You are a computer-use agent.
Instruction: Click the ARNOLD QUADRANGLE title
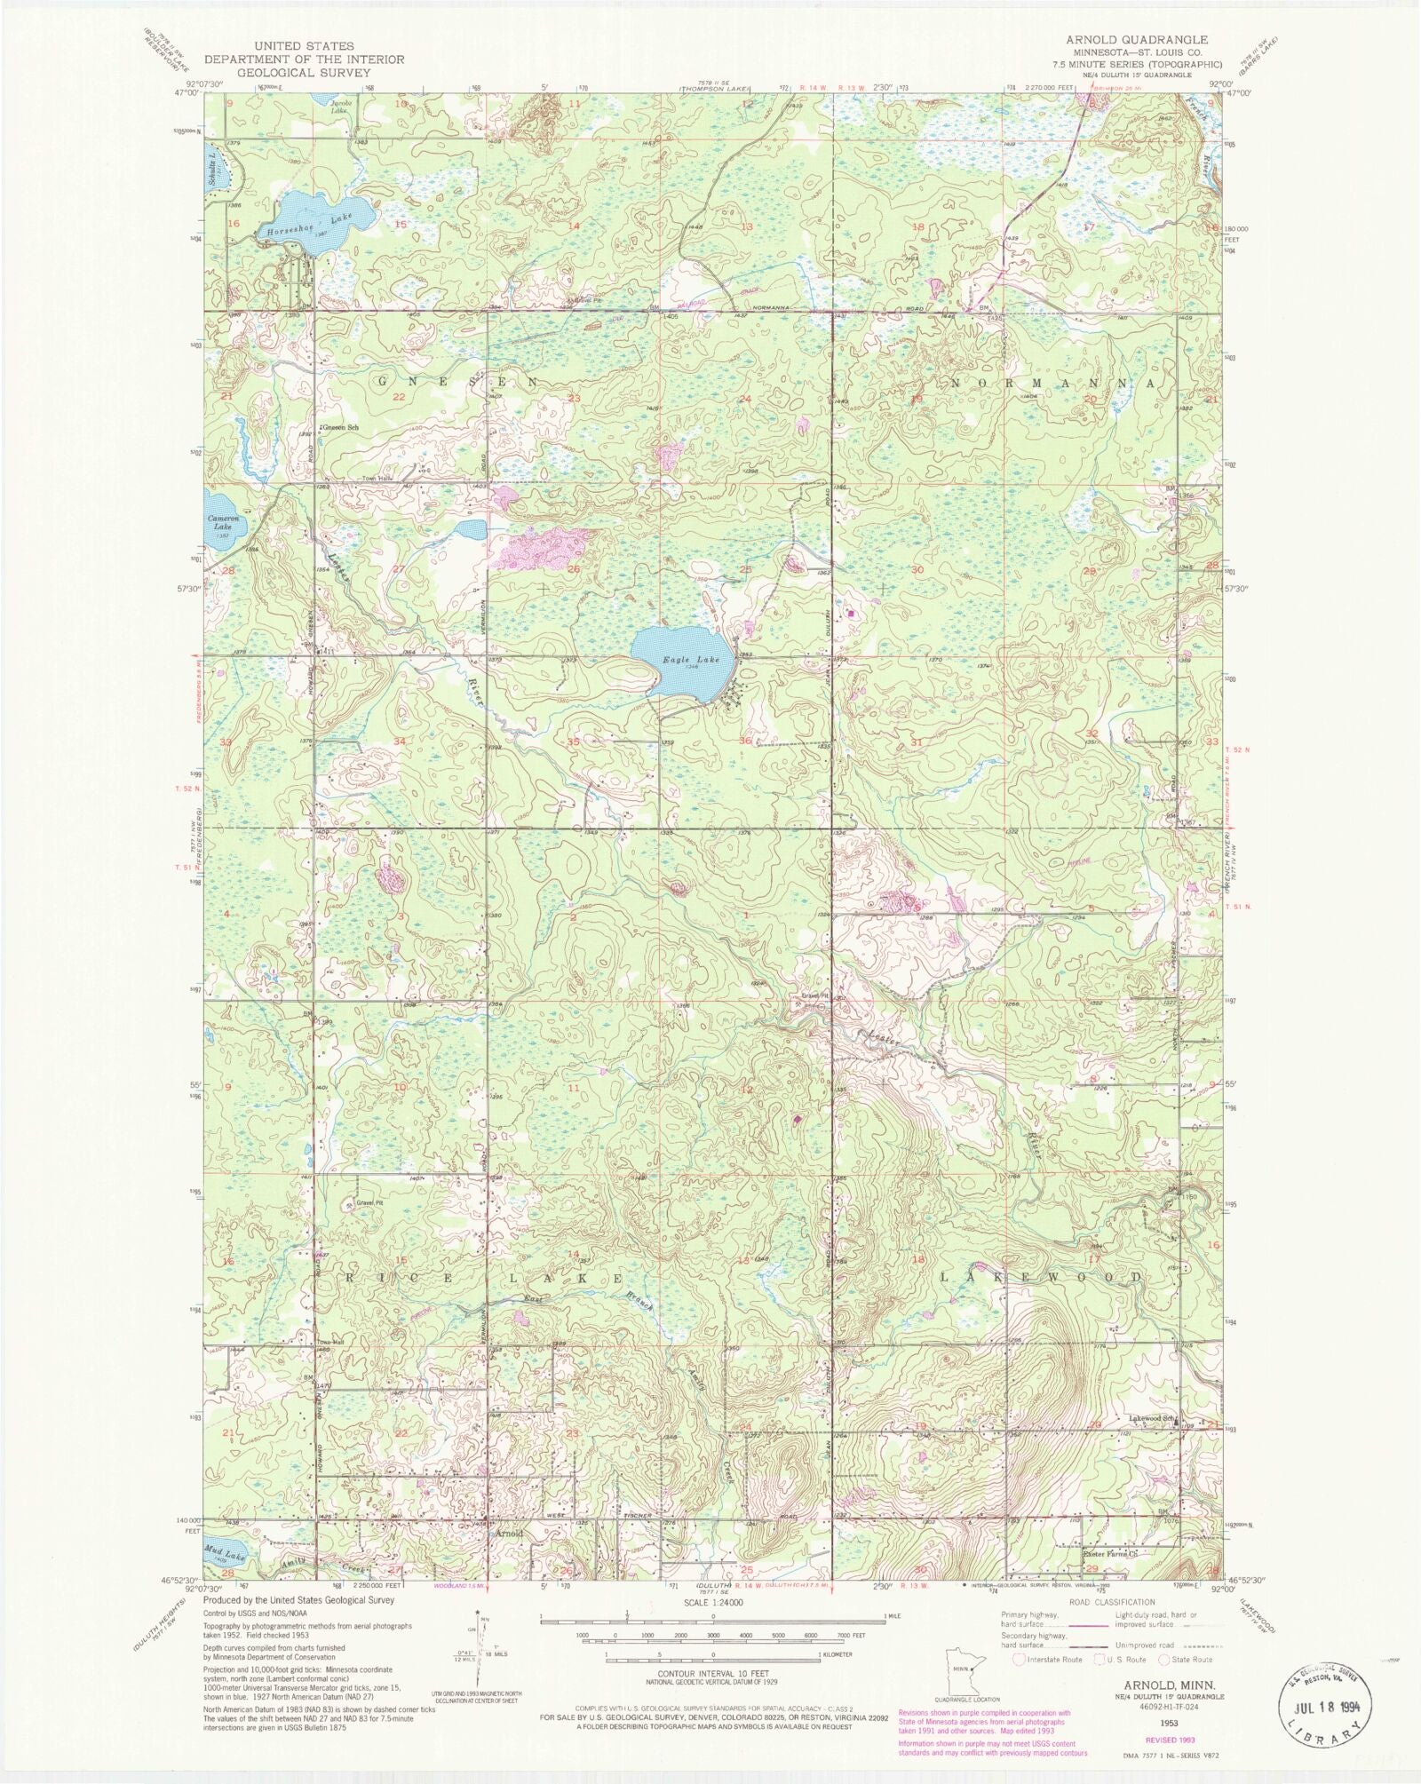pos(1127,40)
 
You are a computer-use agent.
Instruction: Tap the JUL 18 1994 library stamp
pos(1322,1704)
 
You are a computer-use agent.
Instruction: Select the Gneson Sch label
pos(340,428)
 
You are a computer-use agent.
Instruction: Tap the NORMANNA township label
pos(1052,383)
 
